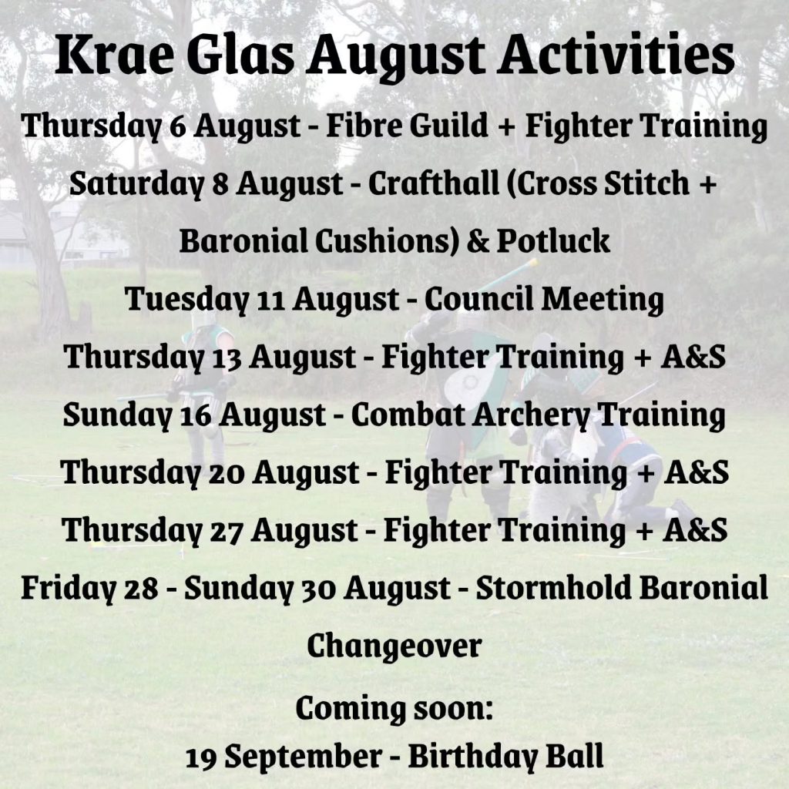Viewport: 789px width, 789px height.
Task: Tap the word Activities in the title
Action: tap(617, 55)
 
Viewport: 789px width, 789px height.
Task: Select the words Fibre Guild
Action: tap(407, 125)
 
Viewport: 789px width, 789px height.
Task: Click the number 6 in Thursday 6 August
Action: tap(178, 126)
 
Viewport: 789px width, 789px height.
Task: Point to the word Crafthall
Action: tap(433, 183)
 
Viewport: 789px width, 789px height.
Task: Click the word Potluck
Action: tap(553, 240)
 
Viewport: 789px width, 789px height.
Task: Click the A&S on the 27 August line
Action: tap(695, 530)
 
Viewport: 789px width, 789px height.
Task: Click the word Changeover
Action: tap(394, 647)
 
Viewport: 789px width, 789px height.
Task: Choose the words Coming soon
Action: tap(393, 709)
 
